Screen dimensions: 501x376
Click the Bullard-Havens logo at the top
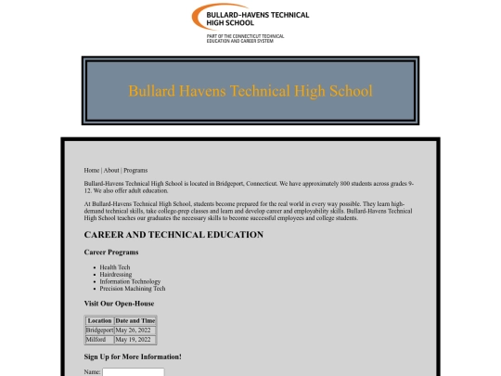250,23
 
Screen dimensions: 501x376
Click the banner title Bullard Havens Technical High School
250,91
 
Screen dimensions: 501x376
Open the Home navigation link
92,171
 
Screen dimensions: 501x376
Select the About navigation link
111,171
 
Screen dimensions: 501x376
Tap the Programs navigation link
135,171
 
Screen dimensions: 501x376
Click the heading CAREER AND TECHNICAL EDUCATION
173,235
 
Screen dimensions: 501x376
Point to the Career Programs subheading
111,253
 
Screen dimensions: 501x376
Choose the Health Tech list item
115,267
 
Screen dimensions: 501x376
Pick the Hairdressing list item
116,275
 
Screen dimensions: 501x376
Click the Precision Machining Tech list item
133,289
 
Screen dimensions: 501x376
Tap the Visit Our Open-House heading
119,304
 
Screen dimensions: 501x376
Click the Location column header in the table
99,321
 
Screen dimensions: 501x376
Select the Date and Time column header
135,321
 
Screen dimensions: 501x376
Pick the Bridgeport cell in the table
99,331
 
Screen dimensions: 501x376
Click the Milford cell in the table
96,340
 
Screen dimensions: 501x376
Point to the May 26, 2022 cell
133,331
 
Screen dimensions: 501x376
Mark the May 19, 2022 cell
133,340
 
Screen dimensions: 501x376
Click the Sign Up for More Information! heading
133,357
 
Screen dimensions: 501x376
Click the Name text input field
133,372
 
